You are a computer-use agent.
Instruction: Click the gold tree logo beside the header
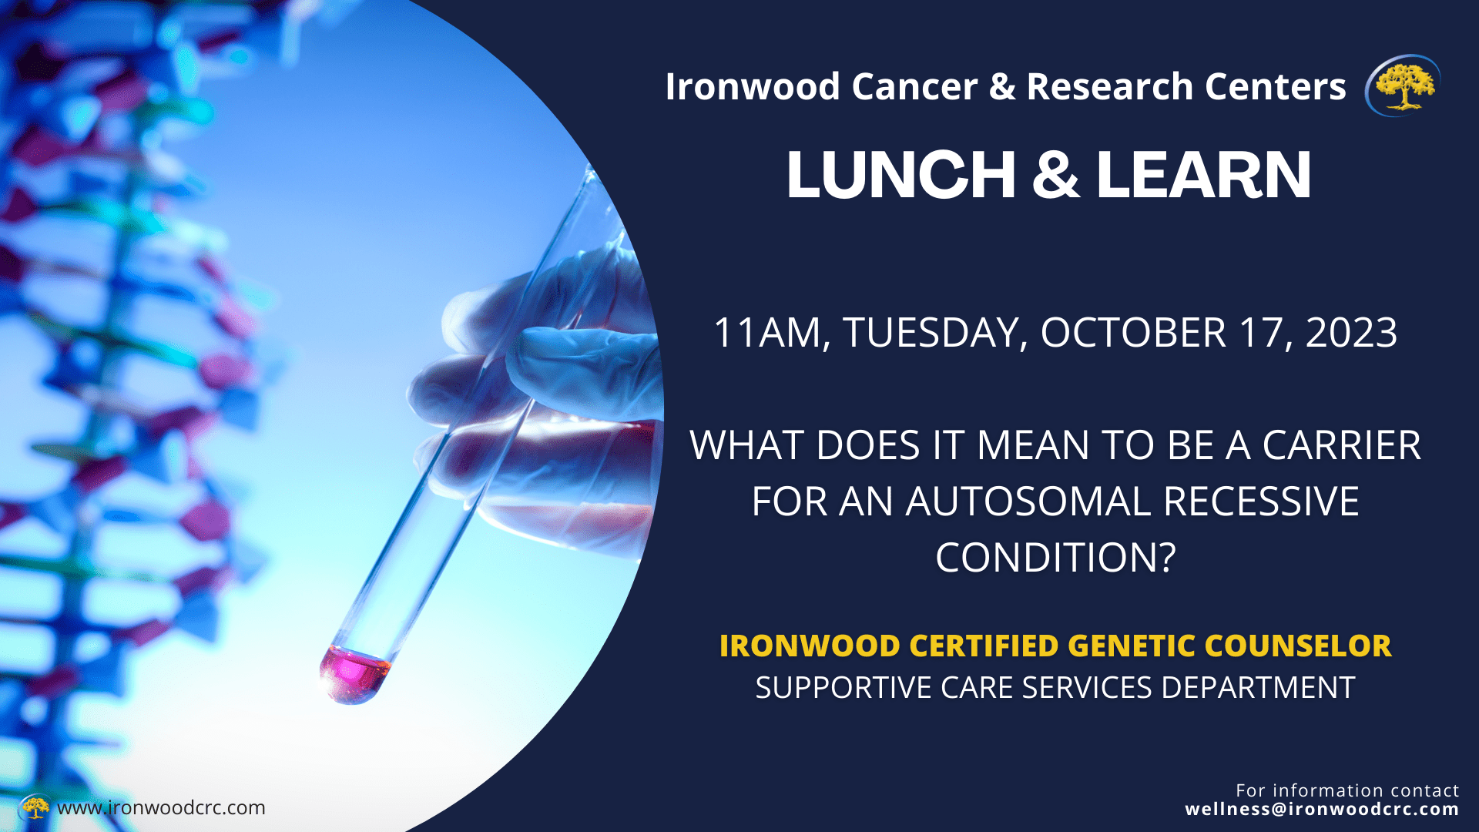pos(1403,86)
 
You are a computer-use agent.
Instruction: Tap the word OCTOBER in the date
pos(1133,333)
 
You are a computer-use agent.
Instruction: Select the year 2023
pos(1351,333)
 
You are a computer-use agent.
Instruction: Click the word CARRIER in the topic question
pos(1341,445)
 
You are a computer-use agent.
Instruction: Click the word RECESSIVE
pos(1261,502)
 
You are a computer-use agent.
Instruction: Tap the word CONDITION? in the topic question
pos(1055,558)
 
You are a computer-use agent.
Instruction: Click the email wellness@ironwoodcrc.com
pos(1322,810)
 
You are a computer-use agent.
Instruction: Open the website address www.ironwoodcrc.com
pos(161,808)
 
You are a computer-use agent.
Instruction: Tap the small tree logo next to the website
pos(34,807)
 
